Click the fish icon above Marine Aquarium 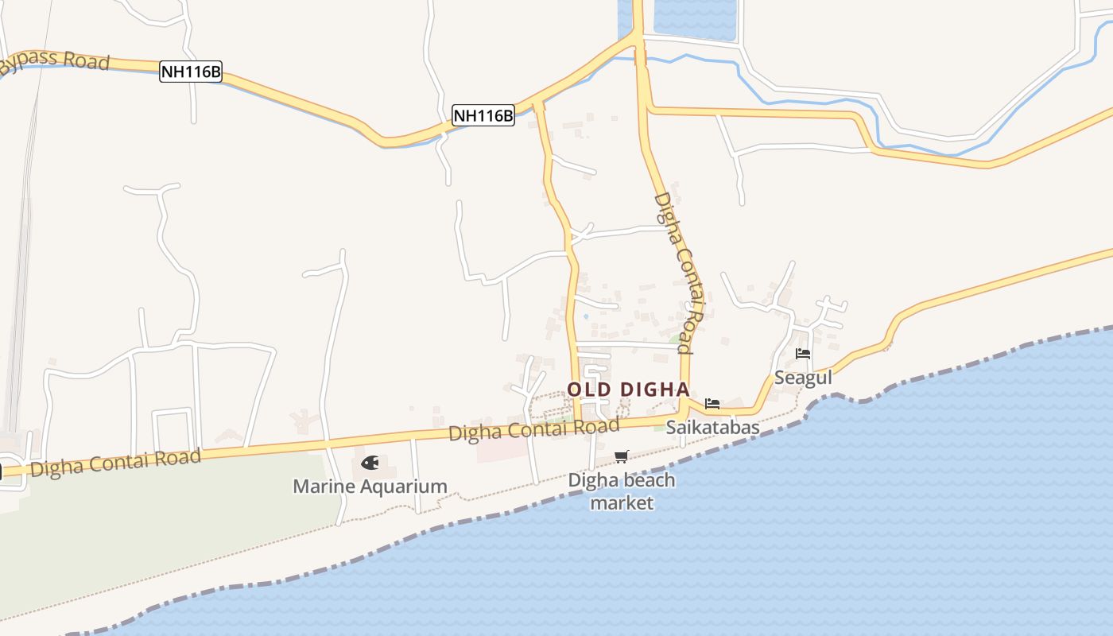tap(370, 462)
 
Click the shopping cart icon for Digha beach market tap(621, 456)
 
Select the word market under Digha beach tap(622, 503)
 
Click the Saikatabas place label tap(712, 428)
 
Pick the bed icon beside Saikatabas tap(712, 403)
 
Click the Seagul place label tap(803, 378)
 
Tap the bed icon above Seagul tap(803, 354)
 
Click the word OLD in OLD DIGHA tap(589, 390)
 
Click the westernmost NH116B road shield tap(191, 72)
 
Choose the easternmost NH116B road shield tap(483, 115)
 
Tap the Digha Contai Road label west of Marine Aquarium tap(116, 462)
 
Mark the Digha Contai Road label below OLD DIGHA tap(533, 430)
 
